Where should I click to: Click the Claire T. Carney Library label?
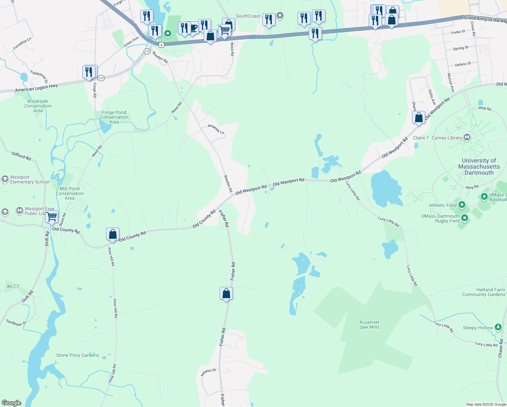(437, 138)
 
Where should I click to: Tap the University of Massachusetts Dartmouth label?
(479, 167)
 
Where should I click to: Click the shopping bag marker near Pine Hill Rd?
(113, 234)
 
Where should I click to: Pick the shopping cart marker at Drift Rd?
(52, 217)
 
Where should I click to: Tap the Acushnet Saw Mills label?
(369, 325)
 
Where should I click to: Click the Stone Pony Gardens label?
(78, 355)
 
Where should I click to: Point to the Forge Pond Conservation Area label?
(114, 117)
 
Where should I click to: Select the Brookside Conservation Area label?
(38, 106)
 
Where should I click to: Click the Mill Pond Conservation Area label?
(69, 193)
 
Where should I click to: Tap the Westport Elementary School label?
(29, 179)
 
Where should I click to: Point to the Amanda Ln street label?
(216, 129)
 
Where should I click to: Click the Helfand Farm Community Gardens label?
(484, 292)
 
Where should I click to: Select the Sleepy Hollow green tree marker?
(498, 327)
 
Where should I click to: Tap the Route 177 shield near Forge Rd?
(101, 78)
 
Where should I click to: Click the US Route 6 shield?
(162, 45)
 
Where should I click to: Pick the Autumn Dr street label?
(208, 372)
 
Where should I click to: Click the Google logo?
(11, 403)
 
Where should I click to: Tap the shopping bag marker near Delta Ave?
(419, 118)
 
